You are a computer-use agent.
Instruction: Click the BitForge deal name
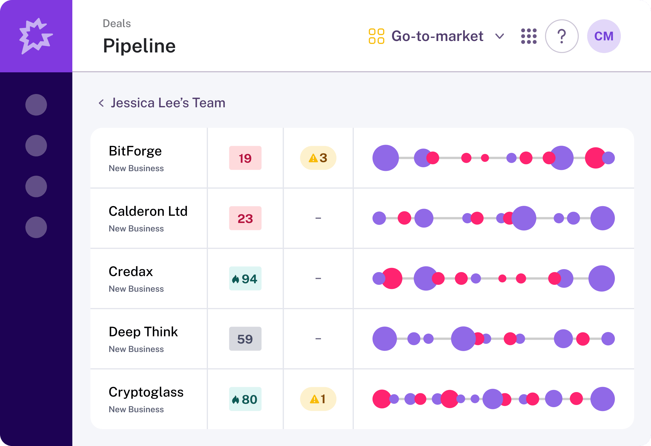coord(135,151)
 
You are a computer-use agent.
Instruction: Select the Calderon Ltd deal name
coord(148,211)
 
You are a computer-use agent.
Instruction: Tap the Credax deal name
coord(131,272)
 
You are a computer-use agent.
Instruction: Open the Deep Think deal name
coord(143,332)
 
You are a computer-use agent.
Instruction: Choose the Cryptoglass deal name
coord(146,392)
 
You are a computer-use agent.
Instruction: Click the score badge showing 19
coord(245,158)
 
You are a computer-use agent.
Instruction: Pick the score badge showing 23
coord(245,218)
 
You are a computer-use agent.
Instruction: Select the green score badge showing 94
coord(245,278)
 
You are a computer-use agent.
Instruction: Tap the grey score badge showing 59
coord(245,339)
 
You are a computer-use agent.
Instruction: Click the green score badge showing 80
coord(245,399)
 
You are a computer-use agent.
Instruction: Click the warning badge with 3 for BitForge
coord(318,158)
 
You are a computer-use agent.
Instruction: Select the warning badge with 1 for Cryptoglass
coord(318,399)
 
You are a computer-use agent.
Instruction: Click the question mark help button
coord(561,36)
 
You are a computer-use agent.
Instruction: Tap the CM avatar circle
coord(604,36)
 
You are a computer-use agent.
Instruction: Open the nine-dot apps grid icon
coord(529,36)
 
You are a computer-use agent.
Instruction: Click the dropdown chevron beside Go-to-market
coord(500,36)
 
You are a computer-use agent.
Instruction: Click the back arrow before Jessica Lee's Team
coord(101,103)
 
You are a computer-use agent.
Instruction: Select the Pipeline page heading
coord(139,46)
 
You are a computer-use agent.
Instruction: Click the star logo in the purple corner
coord(36,36)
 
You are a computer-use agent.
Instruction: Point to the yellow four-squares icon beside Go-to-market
coord(376,36)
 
